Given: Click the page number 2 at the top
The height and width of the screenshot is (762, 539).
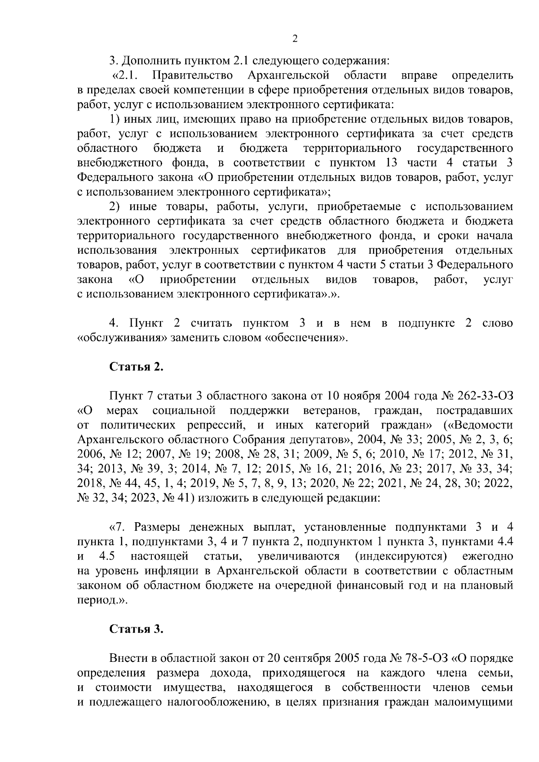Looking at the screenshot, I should pyautogui.click(x=295, y=39).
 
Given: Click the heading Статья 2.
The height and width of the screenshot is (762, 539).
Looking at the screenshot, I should pyautogui.click(x=137, y=367).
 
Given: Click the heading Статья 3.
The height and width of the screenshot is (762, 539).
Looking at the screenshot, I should pyautogui.click(x=137, y=629).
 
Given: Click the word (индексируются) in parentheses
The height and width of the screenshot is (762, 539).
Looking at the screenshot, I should pyautogui.click(x=401, y=557).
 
